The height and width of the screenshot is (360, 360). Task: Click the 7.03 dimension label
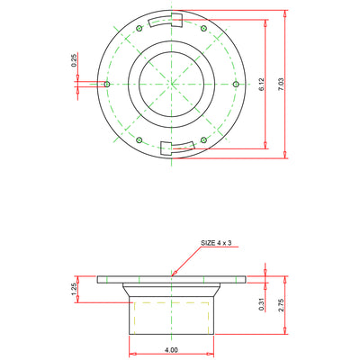(x=281, y=85)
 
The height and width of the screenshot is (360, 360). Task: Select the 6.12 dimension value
(x=262, y=85)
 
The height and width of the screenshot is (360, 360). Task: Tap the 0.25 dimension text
(x=74, y=59)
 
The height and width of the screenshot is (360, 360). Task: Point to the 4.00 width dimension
(x=171, y=350)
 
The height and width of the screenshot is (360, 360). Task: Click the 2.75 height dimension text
(x=281, y=305)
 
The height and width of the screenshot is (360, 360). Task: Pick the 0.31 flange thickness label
(x=262, y=304)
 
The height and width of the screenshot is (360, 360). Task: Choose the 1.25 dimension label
(x=74, y=289)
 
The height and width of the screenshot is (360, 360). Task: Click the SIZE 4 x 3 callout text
(x=216, y=243)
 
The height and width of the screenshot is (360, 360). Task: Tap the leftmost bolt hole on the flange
(x=107, y=84)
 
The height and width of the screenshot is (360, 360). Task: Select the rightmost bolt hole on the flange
(x=236, y=84)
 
